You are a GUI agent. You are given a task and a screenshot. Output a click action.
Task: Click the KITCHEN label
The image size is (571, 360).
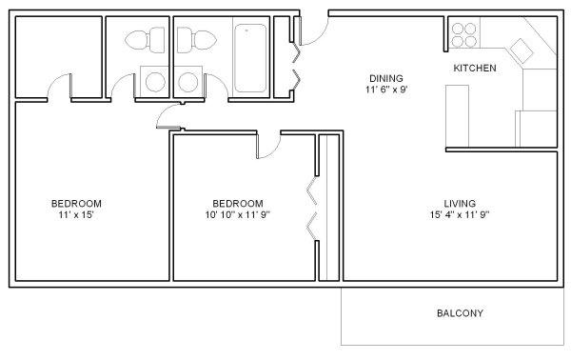click(475, 69)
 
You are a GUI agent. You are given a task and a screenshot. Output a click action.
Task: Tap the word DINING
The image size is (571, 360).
click(386, 78)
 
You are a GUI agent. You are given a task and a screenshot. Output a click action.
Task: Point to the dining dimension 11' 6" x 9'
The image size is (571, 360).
click(386, 90)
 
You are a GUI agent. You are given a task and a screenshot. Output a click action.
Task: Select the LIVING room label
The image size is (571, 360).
click(460, 203)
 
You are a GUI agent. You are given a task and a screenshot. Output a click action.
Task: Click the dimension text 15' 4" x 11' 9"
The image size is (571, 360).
click(460, 214)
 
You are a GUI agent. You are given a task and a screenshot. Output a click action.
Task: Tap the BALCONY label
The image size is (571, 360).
click(460, 313)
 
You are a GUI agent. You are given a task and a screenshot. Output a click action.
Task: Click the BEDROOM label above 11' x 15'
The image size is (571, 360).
click(76, 203)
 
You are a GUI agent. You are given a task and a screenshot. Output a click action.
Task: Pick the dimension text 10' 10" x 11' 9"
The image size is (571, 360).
click(237, 214)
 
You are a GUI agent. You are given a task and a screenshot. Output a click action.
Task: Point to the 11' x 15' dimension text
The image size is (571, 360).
click(76, 214)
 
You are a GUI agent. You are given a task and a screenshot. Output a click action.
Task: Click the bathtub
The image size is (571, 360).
click(249, 58)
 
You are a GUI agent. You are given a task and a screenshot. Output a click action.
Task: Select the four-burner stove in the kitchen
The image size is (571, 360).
click(463, 35)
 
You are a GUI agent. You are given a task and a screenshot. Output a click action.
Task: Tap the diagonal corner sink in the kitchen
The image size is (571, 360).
click(522, 50)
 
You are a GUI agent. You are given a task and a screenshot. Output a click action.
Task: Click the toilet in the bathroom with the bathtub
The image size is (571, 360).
click(197, 40)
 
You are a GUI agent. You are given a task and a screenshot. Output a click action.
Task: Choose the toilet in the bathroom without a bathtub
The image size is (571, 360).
click(145, 40)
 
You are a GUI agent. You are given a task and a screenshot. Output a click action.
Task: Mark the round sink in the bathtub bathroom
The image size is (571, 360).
click(188, 82)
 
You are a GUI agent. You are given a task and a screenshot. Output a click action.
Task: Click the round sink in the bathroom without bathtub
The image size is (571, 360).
click(155, 82)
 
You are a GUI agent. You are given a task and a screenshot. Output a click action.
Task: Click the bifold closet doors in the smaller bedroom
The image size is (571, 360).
click(312, 210)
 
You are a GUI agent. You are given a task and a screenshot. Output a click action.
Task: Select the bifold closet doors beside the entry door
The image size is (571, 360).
click(296, 67)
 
